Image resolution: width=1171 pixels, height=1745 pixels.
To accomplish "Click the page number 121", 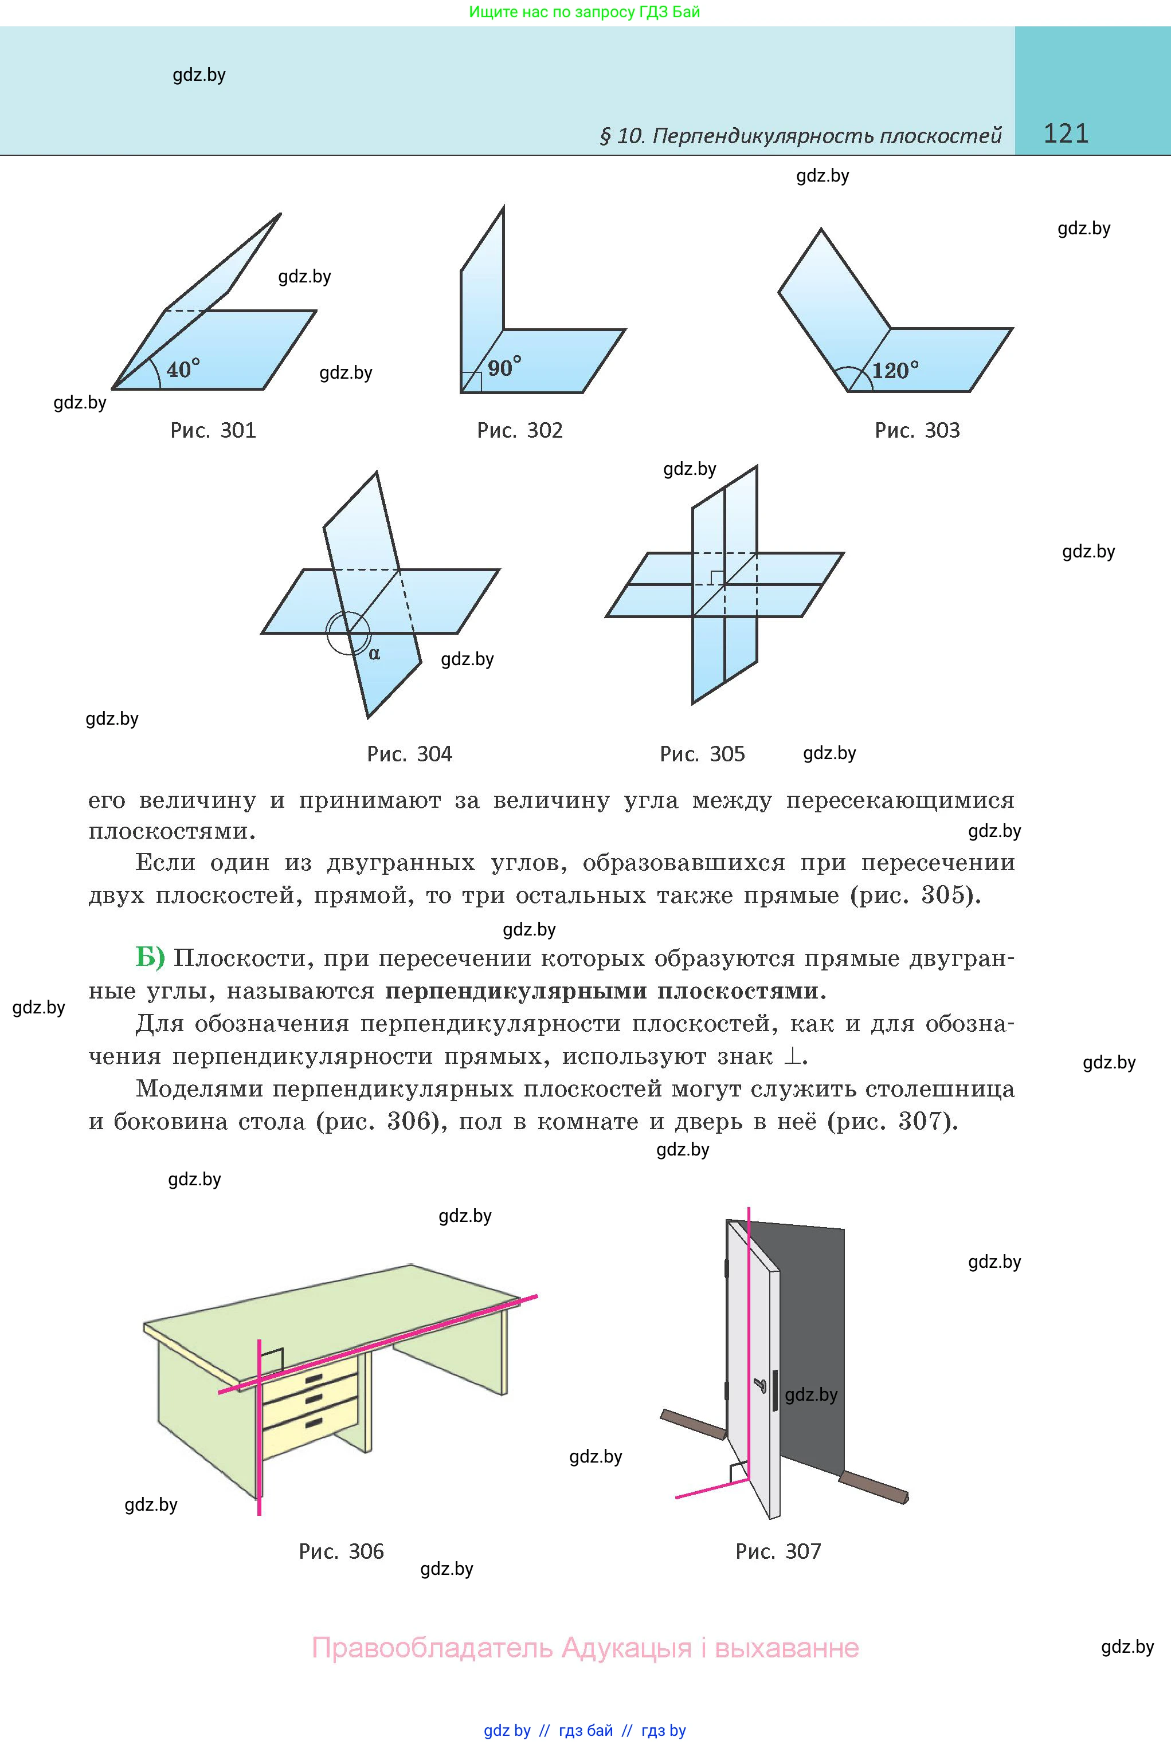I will point(1066,133).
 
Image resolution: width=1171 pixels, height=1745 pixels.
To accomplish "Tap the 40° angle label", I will point(183,369).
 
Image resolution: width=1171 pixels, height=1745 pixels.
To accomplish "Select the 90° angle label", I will point(504,367).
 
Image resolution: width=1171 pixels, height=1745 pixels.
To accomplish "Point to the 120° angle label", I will point(895,370).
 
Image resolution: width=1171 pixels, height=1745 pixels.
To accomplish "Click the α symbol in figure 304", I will point(374,654).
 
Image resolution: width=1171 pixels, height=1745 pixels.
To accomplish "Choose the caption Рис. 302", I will point(520,431).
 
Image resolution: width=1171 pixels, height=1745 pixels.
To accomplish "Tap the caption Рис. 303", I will point(917,431).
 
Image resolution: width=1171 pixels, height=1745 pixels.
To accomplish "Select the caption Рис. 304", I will point(409,754).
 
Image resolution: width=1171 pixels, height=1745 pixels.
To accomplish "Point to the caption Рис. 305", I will point(702,754).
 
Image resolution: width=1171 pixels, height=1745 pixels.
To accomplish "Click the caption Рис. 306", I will point(341,1552).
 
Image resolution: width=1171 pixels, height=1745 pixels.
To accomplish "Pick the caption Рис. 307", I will point(778,1552).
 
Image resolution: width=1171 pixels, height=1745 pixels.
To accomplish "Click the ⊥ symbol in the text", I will point(791,1056).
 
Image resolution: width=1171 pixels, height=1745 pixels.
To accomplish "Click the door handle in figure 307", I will point(762,1386).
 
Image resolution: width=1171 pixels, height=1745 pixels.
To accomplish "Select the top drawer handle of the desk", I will point(314,1378).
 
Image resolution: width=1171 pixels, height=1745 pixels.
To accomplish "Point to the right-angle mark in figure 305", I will point(716,577).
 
